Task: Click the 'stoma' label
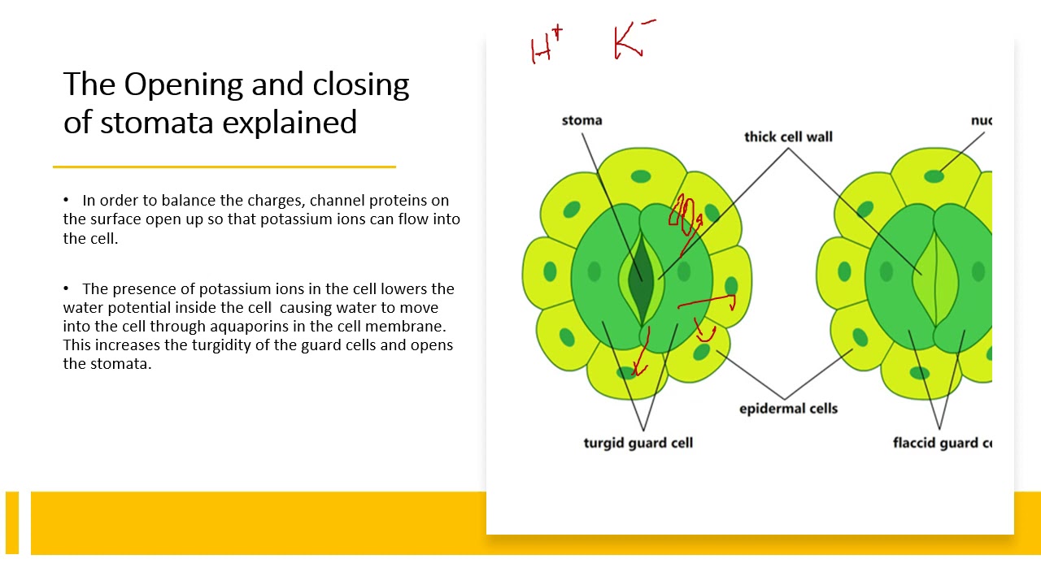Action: [x=581, y=120]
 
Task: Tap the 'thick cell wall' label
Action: [x=788, y=136]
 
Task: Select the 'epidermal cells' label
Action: [x=788, y=408]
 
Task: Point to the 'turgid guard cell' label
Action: [x=638, y=443]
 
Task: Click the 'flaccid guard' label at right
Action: [x=942, y=443]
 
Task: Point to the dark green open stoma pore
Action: [x=640, y=268]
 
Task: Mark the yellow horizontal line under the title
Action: [x=224, y=167]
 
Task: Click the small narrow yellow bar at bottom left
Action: [x=12, y=522]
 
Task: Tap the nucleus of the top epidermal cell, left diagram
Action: [x=642, y=176]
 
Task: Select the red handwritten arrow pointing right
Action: [x=708, y=302]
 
